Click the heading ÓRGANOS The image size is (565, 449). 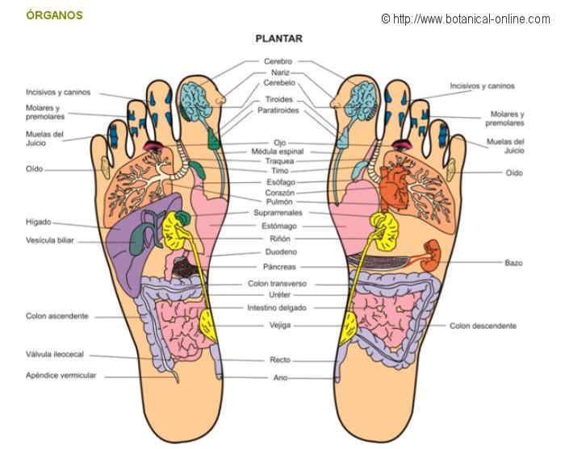pos(54,15)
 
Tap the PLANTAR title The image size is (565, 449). pos(278,38)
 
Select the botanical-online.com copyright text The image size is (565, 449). pos(466,18)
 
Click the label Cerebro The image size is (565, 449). pos(278,61)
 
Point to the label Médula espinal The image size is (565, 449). pos(278,152)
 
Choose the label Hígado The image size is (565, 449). pos(37,222)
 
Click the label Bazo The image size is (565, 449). pos(513,263)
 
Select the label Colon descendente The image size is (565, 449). pos(483,326)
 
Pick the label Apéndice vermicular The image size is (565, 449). pos(61,376)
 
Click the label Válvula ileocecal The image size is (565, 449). pos(55,355)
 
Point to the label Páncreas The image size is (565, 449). pos(278,267)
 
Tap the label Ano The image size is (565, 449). pos(280,377)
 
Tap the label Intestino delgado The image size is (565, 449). pos(278,307)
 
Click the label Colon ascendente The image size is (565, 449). pos(56,316)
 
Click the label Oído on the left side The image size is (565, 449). pos(35,169)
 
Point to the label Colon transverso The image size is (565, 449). pos(278,284)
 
